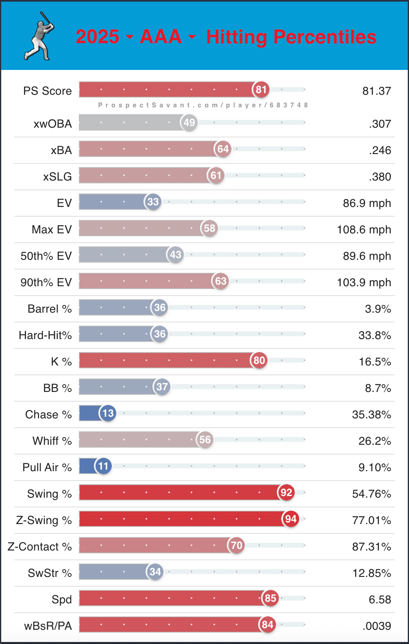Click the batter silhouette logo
pos(40,36)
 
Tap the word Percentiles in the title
pos(325,37)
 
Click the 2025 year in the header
pos(97,37)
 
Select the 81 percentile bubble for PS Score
pos(261,89)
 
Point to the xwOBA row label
pos(52,124)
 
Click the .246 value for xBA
pos(380,150)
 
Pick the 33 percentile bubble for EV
pos(153,202)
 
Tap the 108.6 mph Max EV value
pos(364,230)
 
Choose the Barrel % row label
pos(49,309)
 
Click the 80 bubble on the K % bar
pos(259,360)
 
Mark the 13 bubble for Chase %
pos(108,413)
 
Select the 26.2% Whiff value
pos(374,441)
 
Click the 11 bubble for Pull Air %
pos(103,466)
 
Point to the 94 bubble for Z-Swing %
pos(290,519)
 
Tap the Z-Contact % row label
pos(39,547)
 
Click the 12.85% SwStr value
pos(372,573)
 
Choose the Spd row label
pos(61,600)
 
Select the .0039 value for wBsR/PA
pos(376,626)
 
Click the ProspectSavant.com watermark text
pos(203,105)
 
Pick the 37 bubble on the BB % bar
pos(162,387)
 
